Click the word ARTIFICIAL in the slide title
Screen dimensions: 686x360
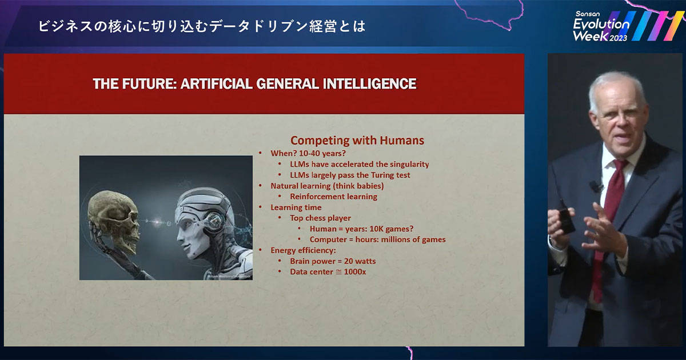point(217,84)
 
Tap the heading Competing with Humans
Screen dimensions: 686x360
point(357,141)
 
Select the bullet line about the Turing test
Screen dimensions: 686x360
point(350,175)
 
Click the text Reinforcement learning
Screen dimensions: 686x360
point(333,197)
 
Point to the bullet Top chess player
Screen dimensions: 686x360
point(320,218)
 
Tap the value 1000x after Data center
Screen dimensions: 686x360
point(355,272)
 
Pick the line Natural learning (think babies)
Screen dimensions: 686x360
point(327,186)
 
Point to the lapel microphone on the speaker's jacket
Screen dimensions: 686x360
point(596,186)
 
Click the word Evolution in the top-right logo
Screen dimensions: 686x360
point(601,24)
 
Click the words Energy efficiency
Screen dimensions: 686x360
point(303,250)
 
